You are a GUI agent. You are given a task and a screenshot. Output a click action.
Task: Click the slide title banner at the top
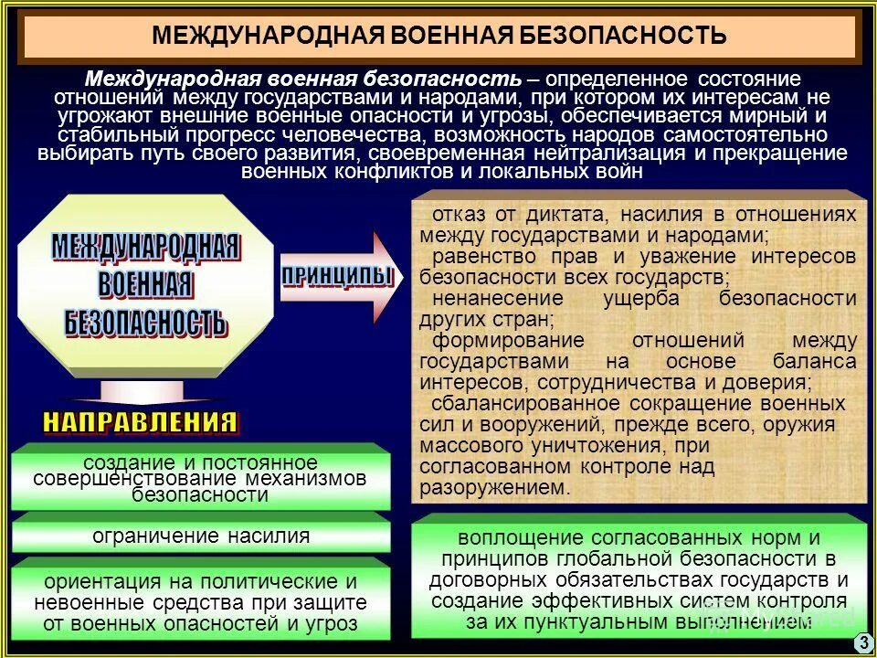point(438,37)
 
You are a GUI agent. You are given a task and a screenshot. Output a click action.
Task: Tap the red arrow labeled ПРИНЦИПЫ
point(338,278)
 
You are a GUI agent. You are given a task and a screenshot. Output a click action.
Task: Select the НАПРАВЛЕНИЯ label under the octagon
point(140,422)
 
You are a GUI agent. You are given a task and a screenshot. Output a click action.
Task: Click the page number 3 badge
point(862,643)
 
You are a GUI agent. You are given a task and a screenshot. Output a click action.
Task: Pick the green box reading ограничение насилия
point(201,536)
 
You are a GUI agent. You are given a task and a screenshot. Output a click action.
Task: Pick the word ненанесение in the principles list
point(485,299)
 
